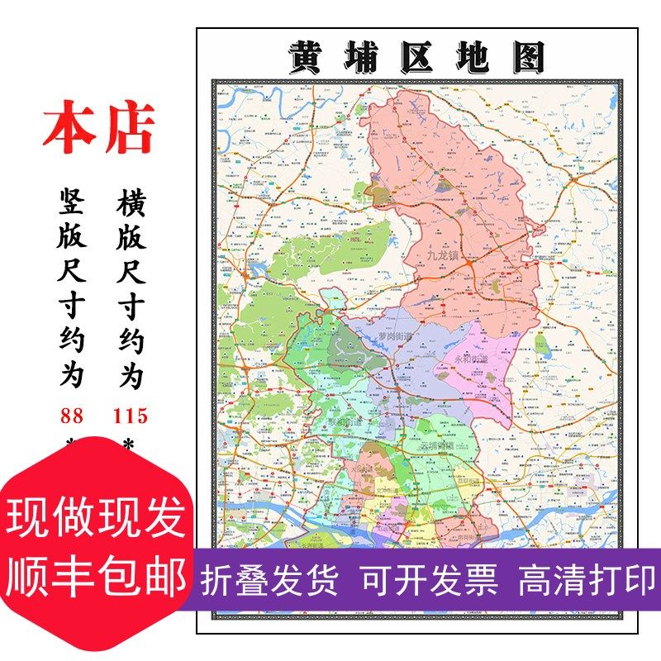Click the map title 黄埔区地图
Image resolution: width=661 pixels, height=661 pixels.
[417, 56]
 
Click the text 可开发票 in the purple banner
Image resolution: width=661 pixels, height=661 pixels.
[428, 580]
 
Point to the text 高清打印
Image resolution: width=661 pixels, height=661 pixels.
[587, 580]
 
